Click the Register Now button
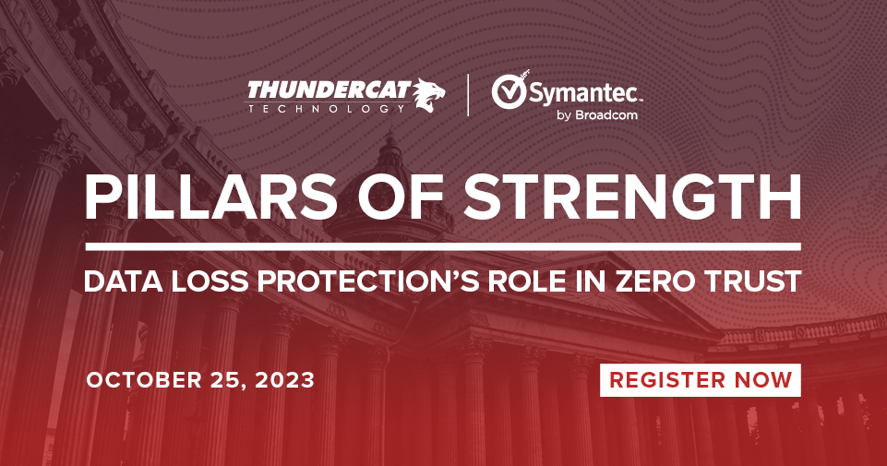(x=701, y=379)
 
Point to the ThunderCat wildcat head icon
(x=427, y=95)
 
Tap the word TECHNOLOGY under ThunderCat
(x=327, y=108)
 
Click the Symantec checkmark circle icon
(x=509, y=90)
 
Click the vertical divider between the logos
(x=468, y=96)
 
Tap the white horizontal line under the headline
(x=443, y=246)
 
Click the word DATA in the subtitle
(x=114, y=281)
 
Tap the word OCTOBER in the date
(x=144, y=380)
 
